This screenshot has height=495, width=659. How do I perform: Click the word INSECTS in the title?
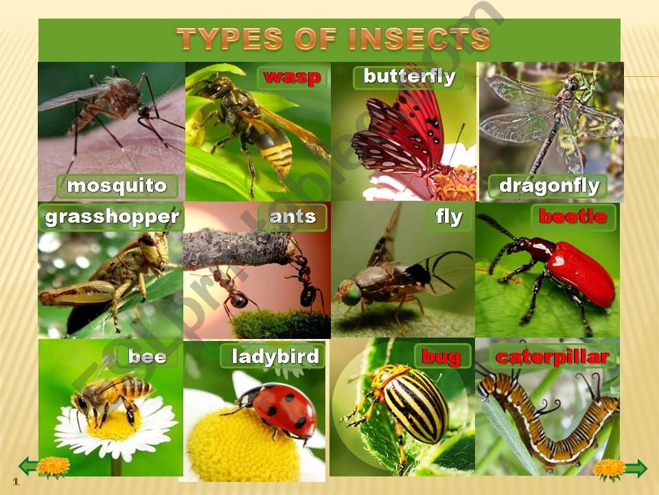click(419, 38)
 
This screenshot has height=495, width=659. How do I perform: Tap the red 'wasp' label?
click(292, 77)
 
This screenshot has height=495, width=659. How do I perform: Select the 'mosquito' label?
click(117, 186)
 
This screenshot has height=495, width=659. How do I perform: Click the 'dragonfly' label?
click(549, 186)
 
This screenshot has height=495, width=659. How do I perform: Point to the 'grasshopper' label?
click(112, 217)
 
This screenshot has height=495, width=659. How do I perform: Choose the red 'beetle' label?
click(573, 217)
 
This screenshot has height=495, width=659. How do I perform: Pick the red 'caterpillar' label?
click(552, 357)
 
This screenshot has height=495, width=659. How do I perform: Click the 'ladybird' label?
click(275, 356)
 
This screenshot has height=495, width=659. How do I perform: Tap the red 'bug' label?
click(441, 357)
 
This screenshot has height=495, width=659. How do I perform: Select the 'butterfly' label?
click(409, 76)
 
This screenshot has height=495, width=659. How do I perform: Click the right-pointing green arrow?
click(636, 468)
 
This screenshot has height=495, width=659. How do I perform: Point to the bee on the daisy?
click(111, 398)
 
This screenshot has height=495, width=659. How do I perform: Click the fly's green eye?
click(351, 294)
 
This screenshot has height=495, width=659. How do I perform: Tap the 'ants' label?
click(292, 217)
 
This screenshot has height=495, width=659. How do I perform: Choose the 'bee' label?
click(147, 357)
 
